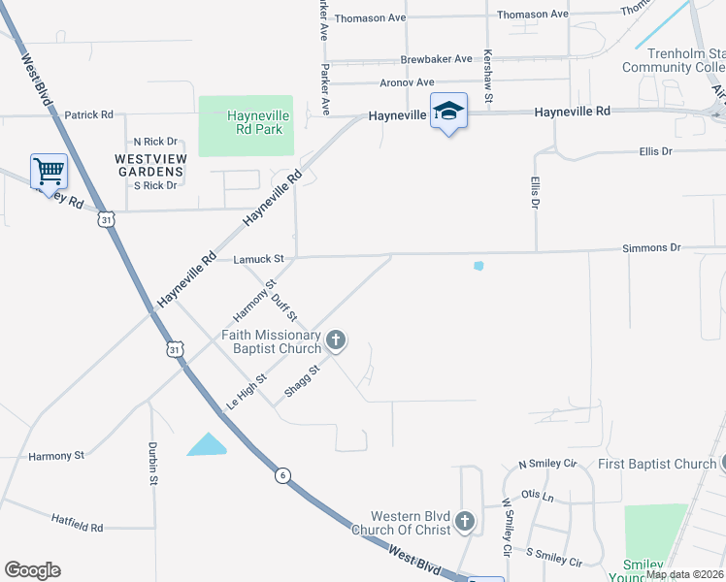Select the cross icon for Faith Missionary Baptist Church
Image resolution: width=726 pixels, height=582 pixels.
336,339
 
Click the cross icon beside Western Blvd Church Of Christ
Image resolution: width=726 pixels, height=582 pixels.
465,523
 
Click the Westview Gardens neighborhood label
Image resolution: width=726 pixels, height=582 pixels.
148,164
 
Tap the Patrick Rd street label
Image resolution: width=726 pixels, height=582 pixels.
89,114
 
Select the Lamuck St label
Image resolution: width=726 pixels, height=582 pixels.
258,259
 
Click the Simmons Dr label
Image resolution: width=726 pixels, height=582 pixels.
652,248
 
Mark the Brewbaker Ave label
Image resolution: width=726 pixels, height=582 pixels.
436,58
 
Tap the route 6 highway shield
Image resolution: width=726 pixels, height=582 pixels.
282,474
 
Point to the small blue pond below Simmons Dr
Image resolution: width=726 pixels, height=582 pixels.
478,265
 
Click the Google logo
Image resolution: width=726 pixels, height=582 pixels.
32,570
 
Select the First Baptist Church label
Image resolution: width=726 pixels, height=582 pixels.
656,464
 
